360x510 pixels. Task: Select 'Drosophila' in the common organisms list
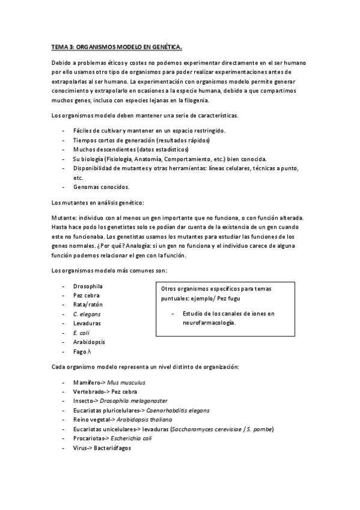click(x=88, y=286)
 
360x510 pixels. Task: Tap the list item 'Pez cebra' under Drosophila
click(x=87, y=295)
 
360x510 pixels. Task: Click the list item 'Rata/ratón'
click(x=88, y=304)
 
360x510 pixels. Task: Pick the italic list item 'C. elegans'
click(x=87, y=314)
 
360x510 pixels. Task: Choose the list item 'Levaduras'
click(x=87, y=323)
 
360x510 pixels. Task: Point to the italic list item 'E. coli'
click(x=81, y=333)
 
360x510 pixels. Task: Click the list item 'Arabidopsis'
click(x=89, y=342)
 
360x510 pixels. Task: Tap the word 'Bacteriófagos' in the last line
click(x=111, y=447)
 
